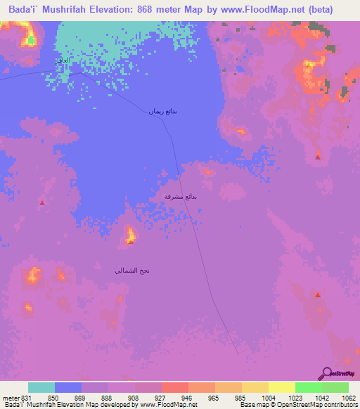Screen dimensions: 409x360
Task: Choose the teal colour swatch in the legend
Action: pyautogui.click(x=41, y=387)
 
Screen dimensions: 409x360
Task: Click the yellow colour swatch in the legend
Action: pyautogui.click(x=282, y=387)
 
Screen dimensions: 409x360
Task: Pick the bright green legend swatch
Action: pyautogui.click(x=309, y=387)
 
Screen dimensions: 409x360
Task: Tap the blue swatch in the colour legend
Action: pyautogui.click(x=68, y=387)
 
